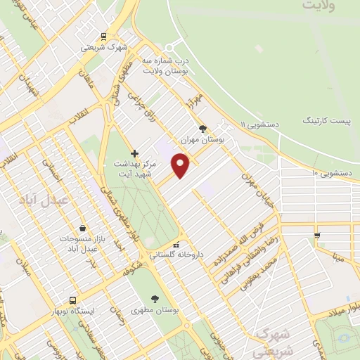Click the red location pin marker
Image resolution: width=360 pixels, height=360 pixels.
(181, 165)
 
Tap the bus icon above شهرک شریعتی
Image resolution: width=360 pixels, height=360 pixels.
(103, 37)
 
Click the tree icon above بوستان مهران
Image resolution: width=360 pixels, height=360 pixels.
(202, 129)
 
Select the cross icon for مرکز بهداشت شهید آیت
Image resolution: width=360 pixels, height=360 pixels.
(135, 153)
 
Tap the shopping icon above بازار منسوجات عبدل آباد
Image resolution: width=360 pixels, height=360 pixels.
(83, 229)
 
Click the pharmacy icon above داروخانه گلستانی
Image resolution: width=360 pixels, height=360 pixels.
(166, 245)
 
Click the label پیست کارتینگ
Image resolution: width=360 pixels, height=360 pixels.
(332, 120)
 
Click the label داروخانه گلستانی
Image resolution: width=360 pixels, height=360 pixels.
(167, 256)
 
